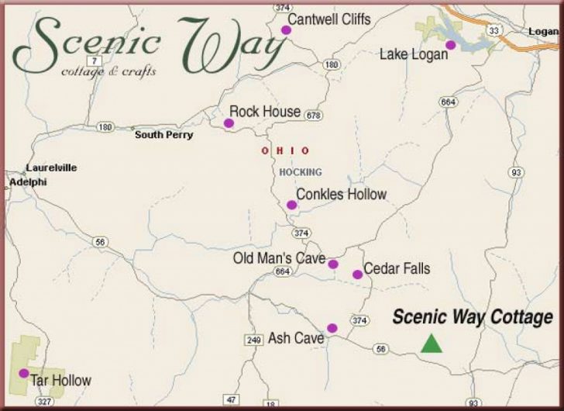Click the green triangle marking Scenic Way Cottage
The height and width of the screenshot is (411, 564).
[432, 344]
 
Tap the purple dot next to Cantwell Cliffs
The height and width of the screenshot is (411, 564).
[286, 29]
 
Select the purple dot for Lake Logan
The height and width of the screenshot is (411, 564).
[450, 45]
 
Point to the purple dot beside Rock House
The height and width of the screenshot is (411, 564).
[229, 123]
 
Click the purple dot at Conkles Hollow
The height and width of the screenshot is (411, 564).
[291, 205]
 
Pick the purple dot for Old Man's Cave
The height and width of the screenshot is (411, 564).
[333, 264]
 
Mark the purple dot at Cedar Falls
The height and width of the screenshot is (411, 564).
[357, 274]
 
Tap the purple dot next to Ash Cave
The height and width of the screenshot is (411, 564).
[332, 328]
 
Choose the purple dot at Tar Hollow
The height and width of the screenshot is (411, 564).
[24, 373]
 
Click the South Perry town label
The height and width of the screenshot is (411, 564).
[163, 135]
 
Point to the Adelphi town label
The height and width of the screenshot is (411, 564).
[28, 182]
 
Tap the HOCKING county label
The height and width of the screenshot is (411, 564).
[300, 172]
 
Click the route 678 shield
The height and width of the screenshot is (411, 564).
[313, 116]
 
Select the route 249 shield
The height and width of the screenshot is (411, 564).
[253, 339]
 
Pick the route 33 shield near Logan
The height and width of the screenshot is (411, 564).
[493, 31]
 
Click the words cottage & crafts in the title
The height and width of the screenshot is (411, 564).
[108, 71]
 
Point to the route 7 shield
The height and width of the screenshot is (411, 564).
[94, 60]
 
